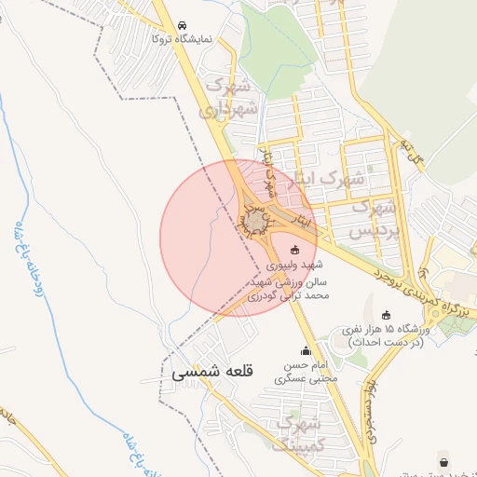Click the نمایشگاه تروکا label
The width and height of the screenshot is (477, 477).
coord(182,39)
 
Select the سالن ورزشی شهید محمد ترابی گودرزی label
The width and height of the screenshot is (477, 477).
coord(290,287)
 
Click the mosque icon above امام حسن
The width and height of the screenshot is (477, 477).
coord(307,351)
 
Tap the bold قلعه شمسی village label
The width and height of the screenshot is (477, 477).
coord(209,371)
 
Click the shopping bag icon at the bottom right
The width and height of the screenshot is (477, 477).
coord(442,461)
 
